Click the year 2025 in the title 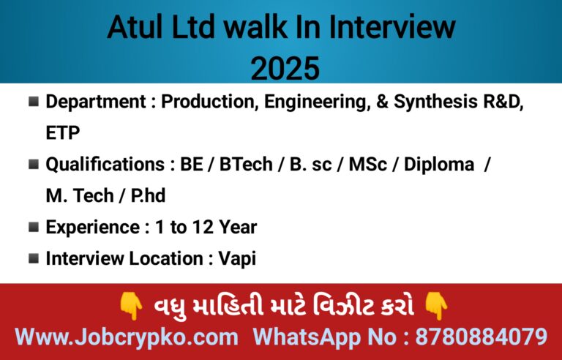point(285,68)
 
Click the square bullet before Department point(34,102)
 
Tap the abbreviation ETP point(63,133)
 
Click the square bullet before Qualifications point(34,165)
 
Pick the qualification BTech point(246,165)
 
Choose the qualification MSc point(368,165)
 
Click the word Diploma point(439,165)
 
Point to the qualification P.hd point(148,196)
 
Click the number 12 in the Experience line point(203,228)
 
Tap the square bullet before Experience point(34,228)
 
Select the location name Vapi point(237,259)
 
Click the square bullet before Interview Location point(34,258)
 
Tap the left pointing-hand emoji point(131,306)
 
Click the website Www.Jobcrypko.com point(127,337)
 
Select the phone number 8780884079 point(482,337)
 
